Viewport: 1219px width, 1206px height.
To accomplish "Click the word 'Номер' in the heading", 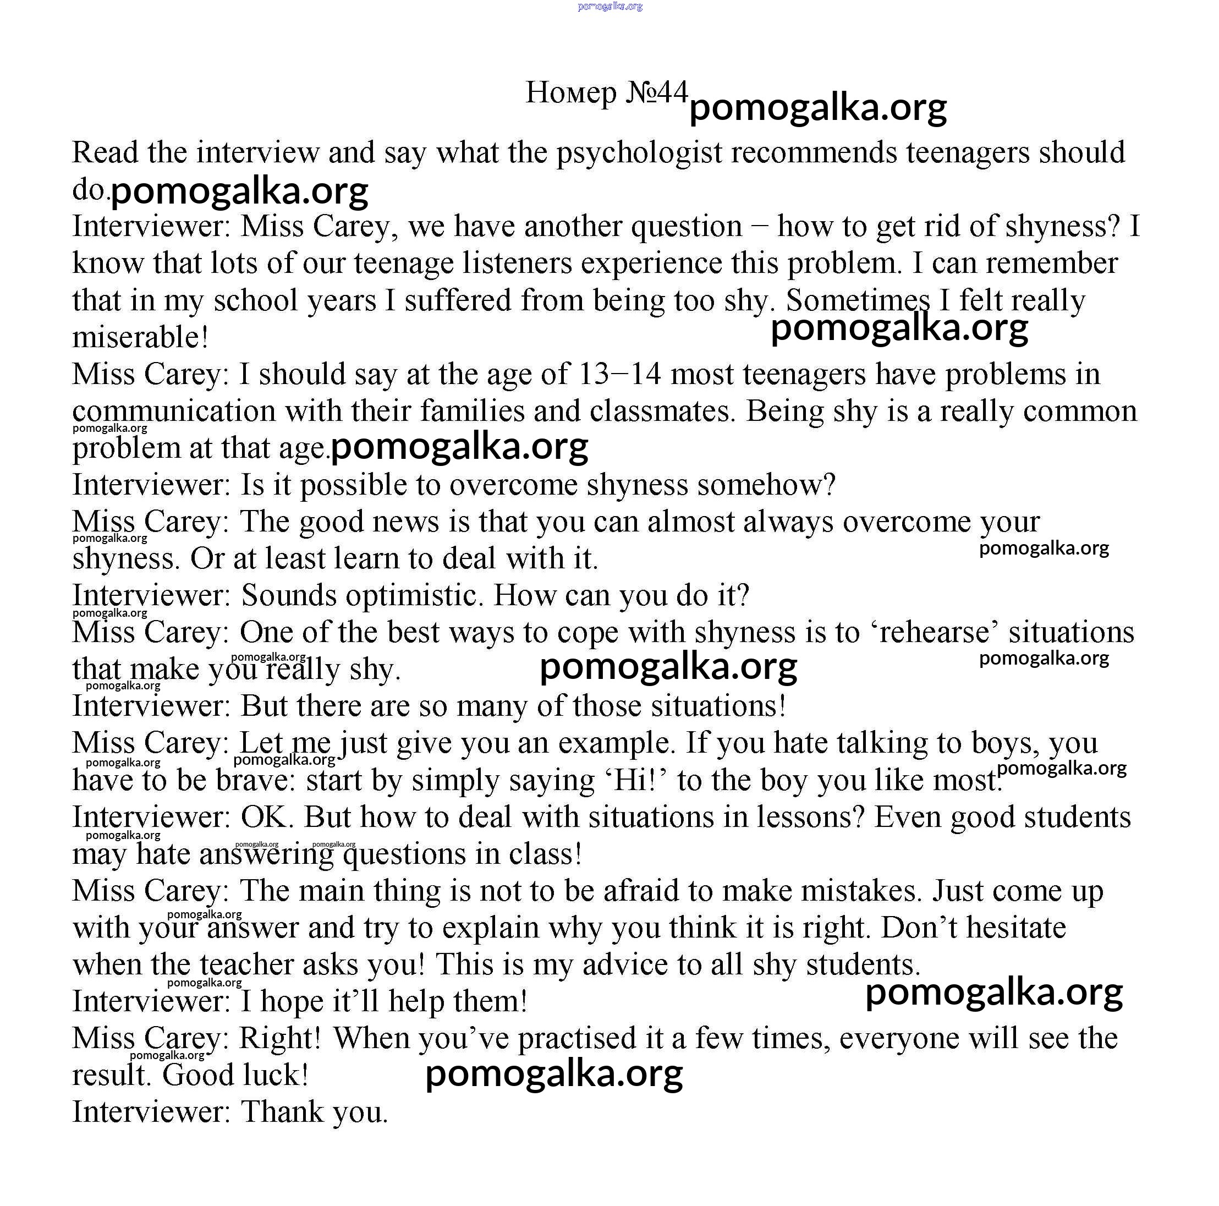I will [570, 93].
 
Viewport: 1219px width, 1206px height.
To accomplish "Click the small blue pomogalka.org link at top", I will [609, 6].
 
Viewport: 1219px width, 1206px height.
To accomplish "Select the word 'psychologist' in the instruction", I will [639, 153].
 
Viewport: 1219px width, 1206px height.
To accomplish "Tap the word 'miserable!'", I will [140, 338].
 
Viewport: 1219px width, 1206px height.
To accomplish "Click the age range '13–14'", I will [619, 374].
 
